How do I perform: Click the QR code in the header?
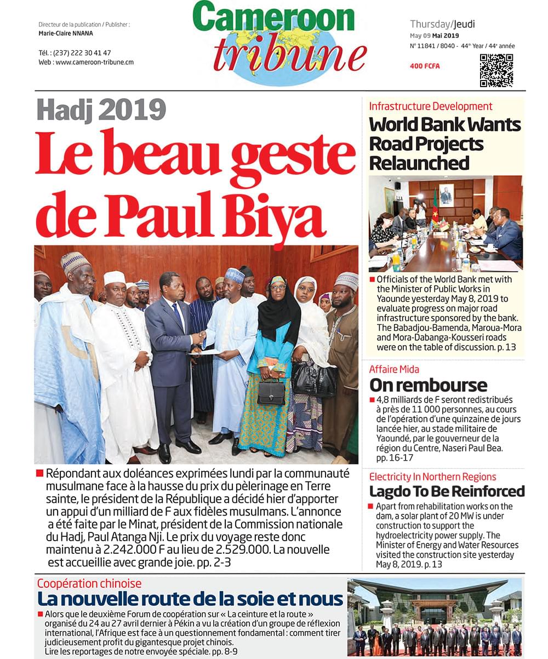(x=496, y=70)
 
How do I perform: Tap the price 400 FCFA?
(x=425, y=66)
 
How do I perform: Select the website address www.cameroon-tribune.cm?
(x=94, y=62)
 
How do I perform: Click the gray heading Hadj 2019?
(x=101, y=110)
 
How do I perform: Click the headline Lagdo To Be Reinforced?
(x=447, y=491)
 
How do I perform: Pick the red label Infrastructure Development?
(x=431, y=106)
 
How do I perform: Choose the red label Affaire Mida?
(x=394, y=369)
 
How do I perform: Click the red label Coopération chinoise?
(x=89, y=583)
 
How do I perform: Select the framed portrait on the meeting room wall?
(x=446, y=194)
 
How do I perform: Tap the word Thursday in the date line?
(x=430, y=24)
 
